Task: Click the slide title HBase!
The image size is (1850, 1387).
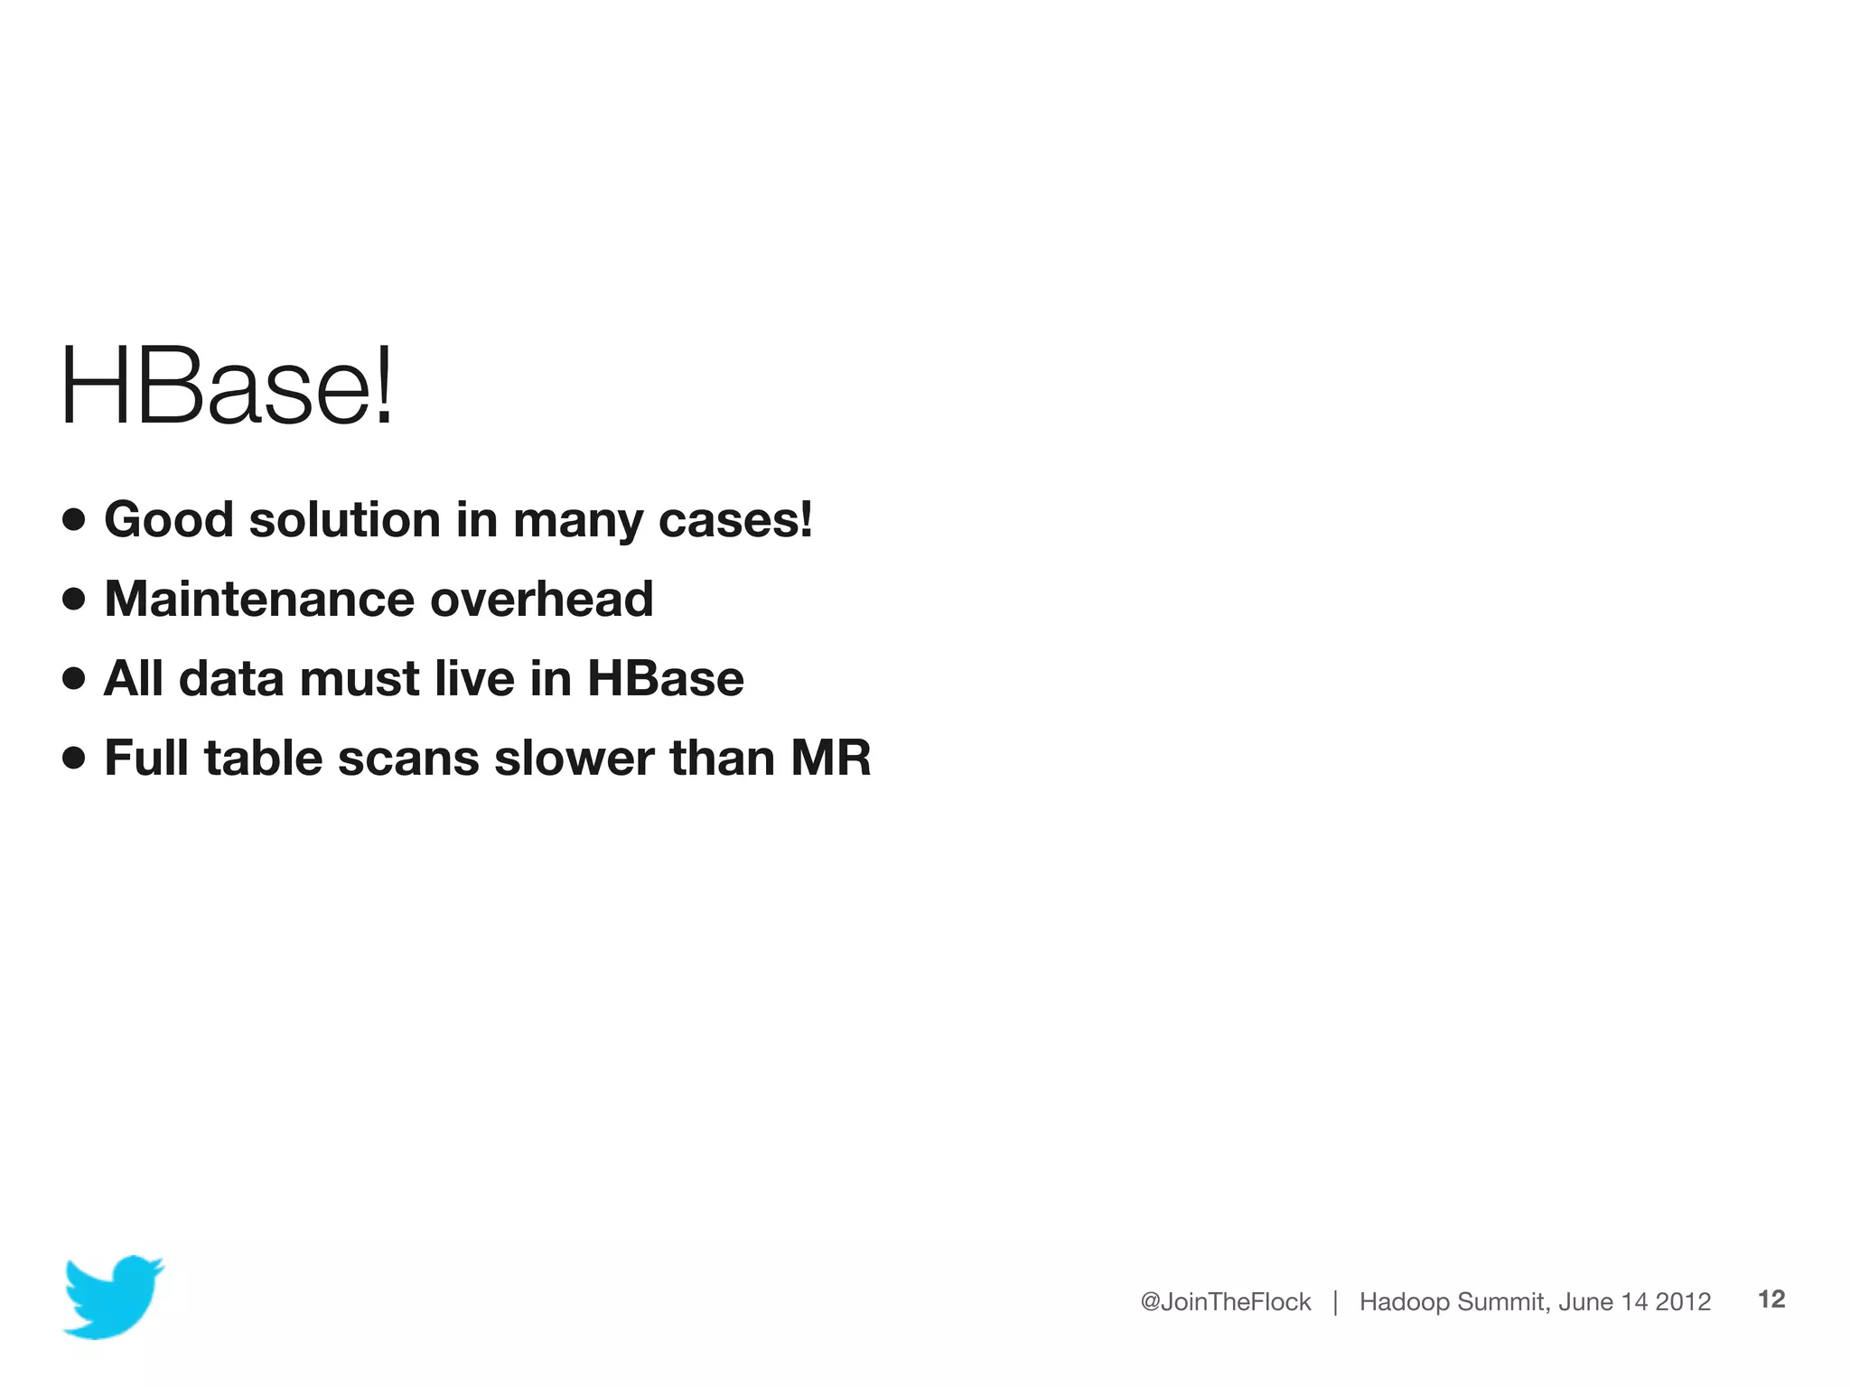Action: pos(227,386)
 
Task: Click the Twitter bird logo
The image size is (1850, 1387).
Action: pos(113,1296)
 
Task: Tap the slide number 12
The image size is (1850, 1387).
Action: pos(1771,1299)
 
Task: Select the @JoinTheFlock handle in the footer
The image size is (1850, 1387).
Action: pos(1225,1301)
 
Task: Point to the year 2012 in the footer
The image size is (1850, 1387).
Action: pos(1683,1301)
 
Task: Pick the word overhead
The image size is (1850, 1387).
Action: pos(541,599)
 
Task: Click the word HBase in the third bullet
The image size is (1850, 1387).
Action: pos(665,678)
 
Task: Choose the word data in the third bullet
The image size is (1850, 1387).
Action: pos(231,678)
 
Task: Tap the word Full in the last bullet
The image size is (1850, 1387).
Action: pos(146,758)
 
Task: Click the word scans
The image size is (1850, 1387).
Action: pos(408,758)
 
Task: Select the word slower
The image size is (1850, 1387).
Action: pos(574,758)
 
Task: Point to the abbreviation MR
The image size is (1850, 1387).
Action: pos(830,758)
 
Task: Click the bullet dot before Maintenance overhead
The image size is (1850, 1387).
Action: pos(74,599)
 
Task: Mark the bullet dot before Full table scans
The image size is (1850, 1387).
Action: pos(74,758)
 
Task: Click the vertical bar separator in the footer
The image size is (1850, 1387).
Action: pos(1335,1301)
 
